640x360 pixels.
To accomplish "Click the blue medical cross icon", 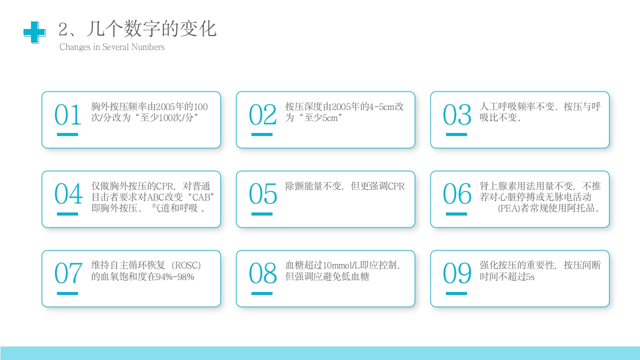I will [34, 32].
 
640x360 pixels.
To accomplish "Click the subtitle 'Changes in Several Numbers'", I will [112, 47].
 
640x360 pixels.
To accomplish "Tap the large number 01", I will [67, 115].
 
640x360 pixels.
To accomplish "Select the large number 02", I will [262, 115].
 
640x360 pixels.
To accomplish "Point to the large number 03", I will [457, 115].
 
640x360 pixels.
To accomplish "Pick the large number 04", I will [68, 194].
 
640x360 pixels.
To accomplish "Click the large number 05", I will [262, 194].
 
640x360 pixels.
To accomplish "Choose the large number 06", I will [457, 194].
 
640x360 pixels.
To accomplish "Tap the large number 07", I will [67, 274].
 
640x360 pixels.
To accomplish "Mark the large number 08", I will [262, 274].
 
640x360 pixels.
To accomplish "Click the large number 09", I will [457, 274].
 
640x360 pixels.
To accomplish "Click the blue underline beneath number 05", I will [262, 214].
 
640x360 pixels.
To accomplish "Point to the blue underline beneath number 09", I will [456, 293].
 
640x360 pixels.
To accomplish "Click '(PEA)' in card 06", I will [509, 208].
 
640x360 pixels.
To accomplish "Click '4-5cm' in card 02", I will [381, 107].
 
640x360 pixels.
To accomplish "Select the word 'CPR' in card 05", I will [396, 186].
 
